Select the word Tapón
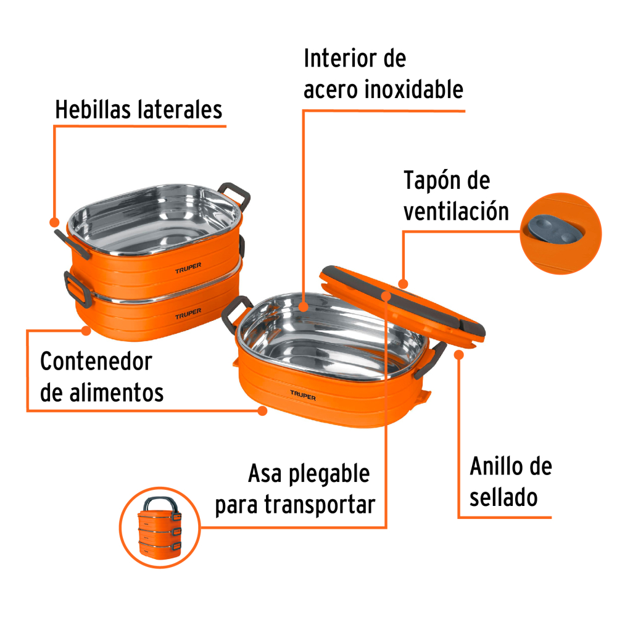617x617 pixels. [x=432, y=181]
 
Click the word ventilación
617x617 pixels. [x=457, y=212]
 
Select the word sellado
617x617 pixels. [x=503, y=497]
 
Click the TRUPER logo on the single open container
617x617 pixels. [x=303, y=395]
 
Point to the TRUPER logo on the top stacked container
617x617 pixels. [x=188, y=268]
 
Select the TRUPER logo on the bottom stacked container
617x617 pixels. [x=188, y=313]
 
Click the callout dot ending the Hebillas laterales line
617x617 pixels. [x=54, y=222]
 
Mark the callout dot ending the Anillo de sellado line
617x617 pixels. [x=459, y=355]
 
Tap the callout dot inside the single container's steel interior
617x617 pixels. [x=303, y=307]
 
